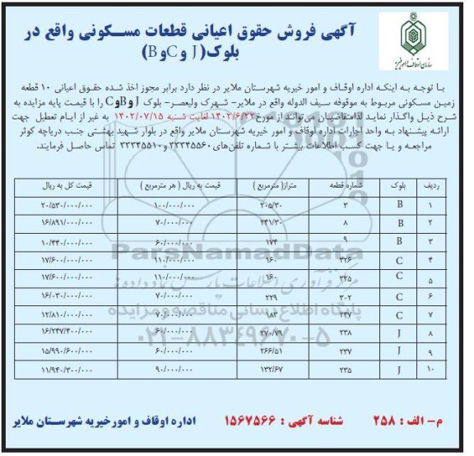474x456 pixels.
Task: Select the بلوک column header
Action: [x=398, y=186]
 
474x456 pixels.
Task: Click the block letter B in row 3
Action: [x=399, y=241]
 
